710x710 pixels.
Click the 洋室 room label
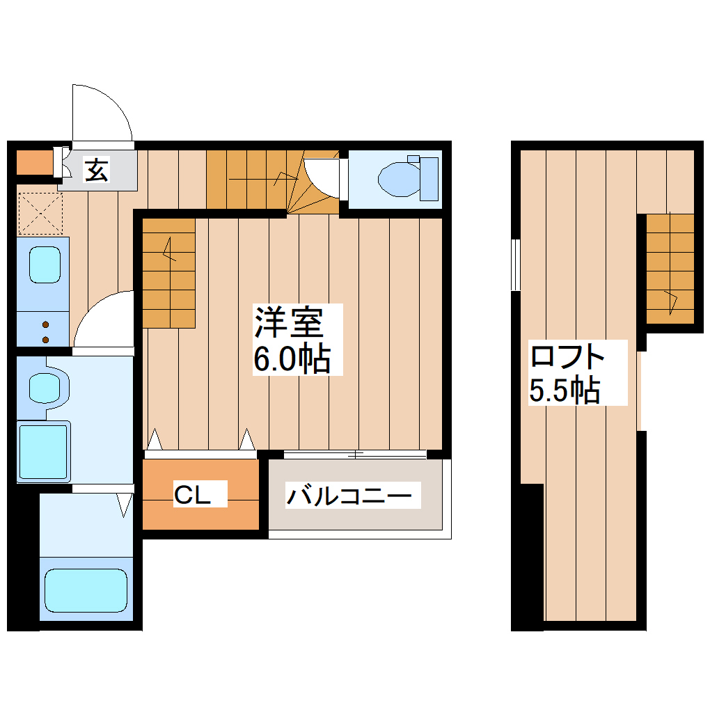tap(288, 321)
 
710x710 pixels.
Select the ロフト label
tap(567, 356)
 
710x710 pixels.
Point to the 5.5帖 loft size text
tap(564, 390)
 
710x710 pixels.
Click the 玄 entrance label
tap(97, 170)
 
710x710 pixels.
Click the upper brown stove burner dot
tap(46, 324)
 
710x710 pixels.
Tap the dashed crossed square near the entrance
tap(40, 213)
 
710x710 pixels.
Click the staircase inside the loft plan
tap(670, 268)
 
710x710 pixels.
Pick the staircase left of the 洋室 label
tap(169, 272)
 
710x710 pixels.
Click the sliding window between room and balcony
tap(355, 455)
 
